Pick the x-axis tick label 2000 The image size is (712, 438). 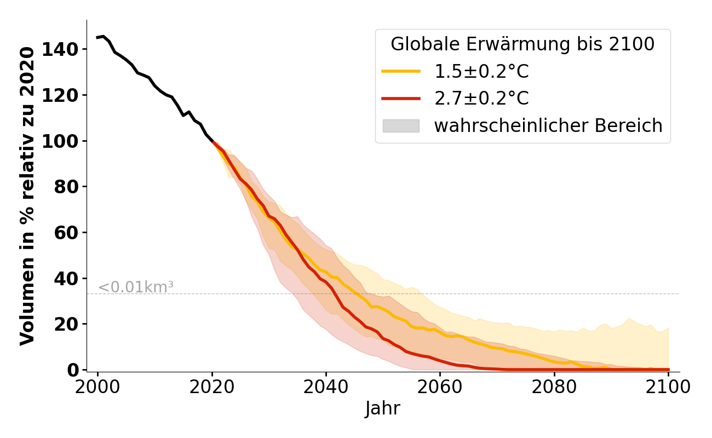98,387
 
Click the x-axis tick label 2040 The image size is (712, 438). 326,387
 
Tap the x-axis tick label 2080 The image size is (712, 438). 554,387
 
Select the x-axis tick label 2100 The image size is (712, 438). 668,387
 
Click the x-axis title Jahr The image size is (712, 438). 383,408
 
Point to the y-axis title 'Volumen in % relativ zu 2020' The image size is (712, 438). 27,196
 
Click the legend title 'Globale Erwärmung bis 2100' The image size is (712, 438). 522,44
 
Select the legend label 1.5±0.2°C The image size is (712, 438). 481,72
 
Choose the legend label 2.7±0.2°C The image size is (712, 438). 481,99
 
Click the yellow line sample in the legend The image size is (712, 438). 401,71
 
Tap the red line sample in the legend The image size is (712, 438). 401,99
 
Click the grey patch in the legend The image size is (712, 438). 401,126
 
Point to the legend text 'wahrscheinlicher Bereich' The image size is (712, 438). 548,126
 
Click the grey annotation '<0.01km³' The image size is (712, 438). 136,287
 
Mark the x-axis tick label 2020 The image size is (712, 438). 212,387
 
